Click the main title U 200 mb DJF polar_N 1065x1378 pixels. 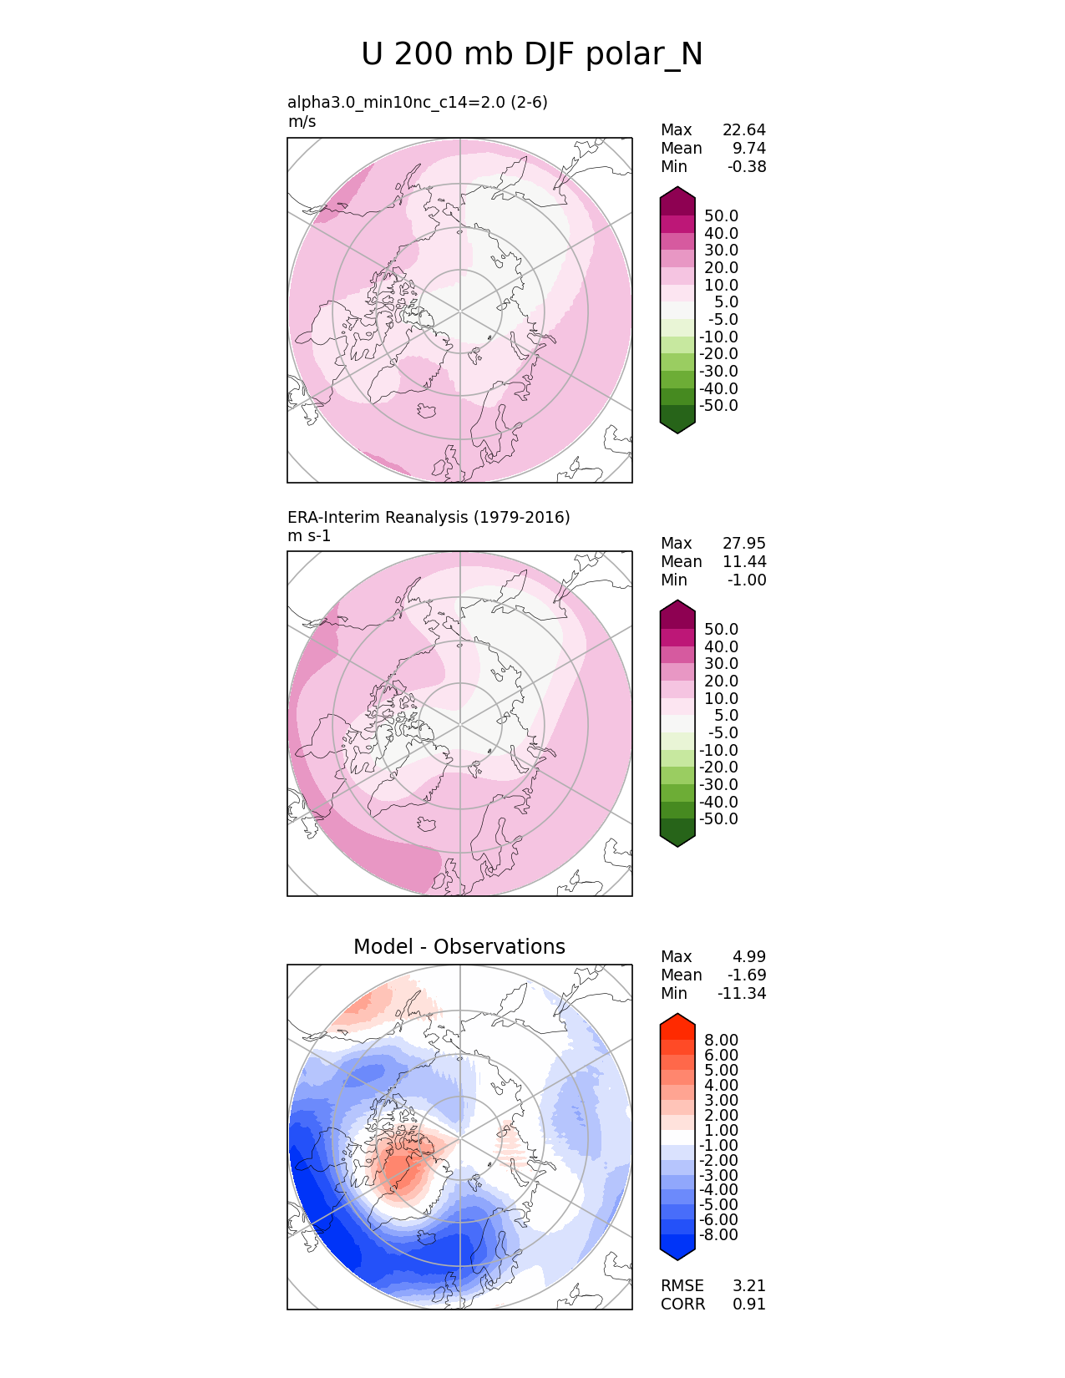point(532,54)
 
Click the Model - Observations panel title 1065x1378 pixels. point(459,946)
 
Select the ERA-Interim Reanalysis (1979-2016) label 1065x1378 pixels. point(429,517)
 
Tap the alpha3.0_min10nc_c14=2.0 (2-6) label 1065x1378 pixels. point(418,102)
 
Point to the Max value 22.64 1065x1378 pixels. point(743,129)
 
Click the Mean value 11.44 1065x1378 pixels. point(743,561)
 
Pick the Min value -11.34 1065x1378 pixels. point(742,993)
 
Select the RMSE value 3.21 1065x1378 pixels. point(749,1285)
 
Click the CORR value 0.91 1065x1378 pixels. point(749,1304)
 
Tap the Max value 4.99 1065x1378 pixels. point(749,956)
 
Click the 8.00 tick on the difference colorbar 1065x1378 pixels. point(721,1040)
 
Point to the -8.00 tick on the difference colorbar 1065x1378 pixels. point(718,1234)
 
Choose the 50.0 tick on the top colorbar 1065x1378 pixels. point(721,215)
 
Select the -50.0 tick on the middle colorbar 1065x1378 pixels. point(718,818)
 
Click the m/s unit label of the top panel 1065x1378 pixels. point(302,121)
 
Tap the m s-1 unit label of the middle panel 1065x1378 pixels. point(309,535)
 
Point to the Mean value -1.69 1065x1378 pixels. point(747,975)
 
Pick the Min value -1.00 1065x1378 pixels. point(747,580)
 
